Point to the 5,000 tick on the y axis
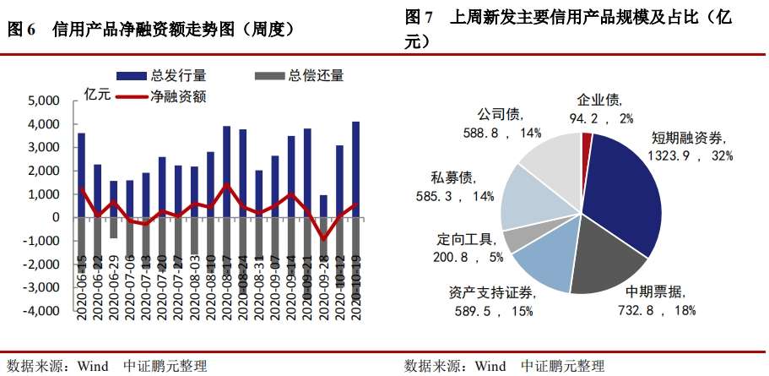(43, 101)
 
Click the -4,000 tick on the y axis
(41, 311)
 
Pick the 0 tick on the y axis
(56, 217)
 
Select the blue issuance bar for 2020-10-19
(355, 169)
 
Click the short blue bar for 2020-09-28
(322, 206)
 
